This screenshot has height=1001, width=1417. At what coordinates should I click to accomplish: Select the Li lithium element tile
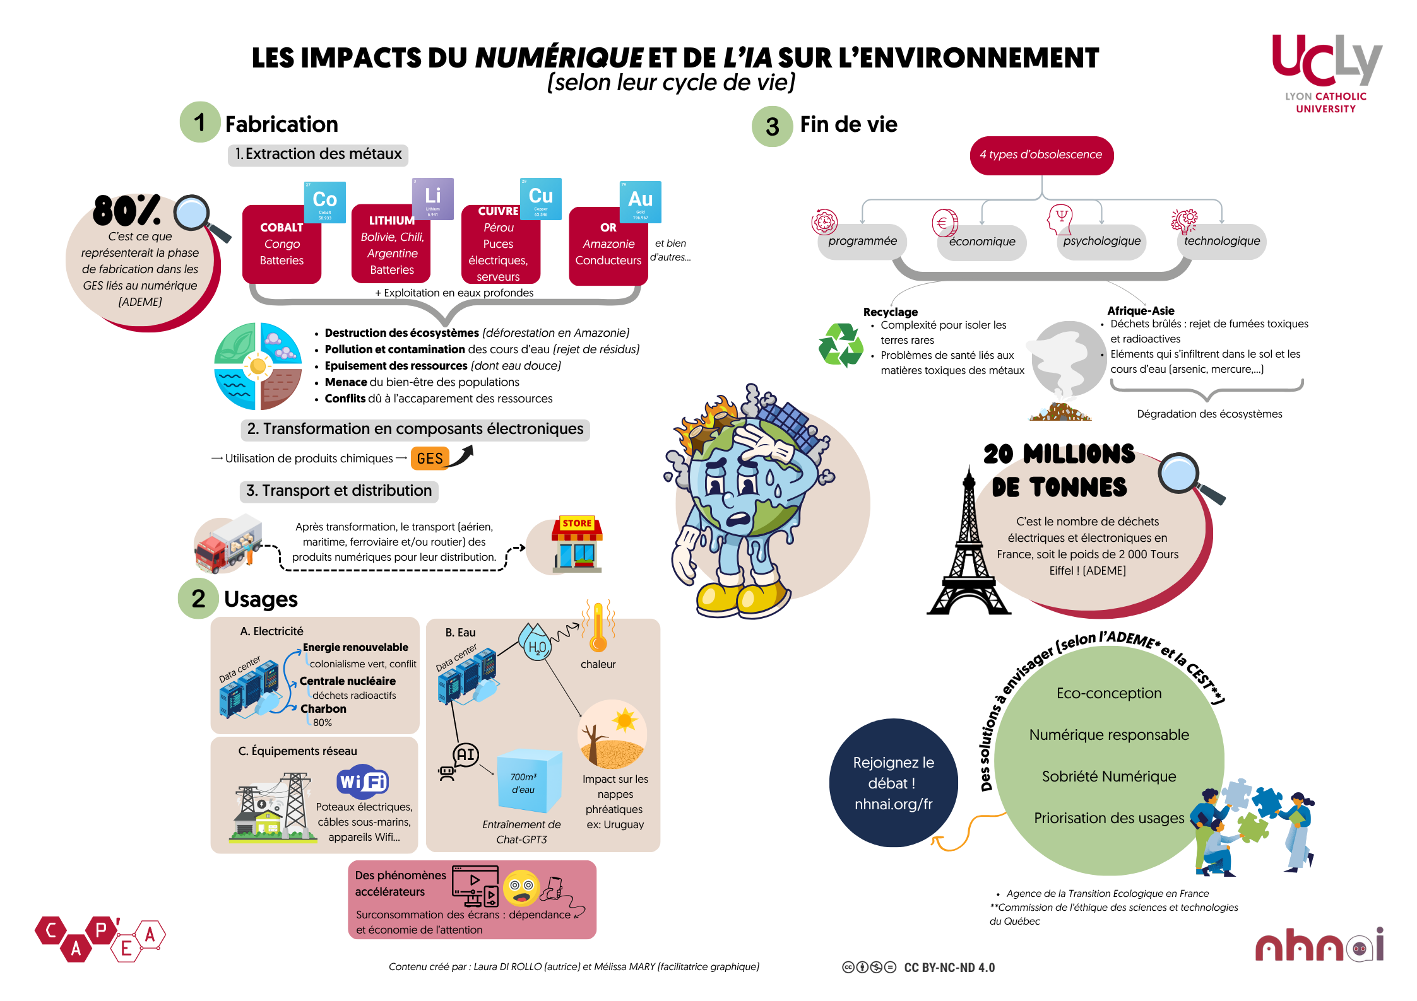pos(432,199)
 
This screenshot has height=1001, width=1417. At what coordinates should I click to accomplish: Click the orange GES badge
pos(430,459)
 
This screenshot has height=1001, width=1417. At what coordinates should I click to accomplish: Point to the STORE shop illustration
pos(577,544)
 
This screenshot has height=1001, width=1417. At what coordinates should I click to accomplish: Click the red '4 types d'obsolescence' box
pos(1041,155)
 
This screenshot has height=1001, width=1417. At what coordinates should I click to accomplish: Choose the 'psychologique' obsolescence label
pos(1101,241)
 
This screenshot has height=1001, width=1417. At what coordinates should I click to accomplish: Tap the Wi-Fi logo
pos(362,782)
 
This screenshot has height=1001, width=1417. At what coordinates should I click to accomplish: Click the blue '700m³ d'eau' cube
pos(529,782)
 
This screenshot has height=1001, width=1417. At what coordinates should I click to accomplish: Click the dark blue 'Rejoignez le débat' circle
pos(893,783)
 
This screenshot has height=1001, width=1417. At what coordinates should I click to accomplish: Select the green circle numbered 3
pos(772,127)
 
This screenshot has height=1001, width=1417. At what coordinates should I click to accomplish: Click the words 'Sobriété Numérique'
pos(1108,776)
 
